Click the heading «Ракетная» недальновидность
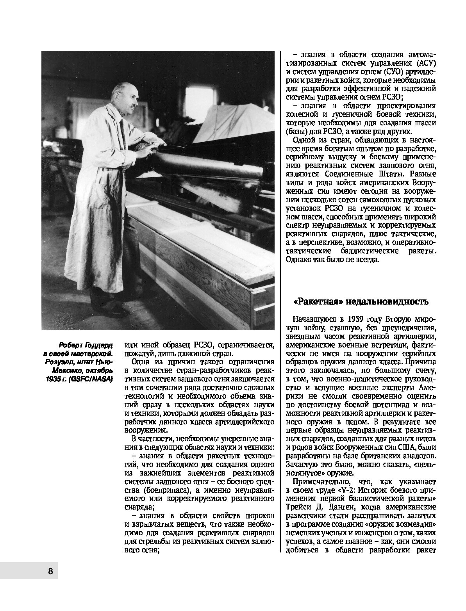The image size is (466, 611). pyautogui.click(x=361, y=302)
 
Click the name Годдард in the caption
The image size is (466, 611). pyautogui.click(x=97, y=345)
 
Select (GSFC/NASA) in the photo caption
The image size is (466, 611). pyautogui.click(x=91, y=379)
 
